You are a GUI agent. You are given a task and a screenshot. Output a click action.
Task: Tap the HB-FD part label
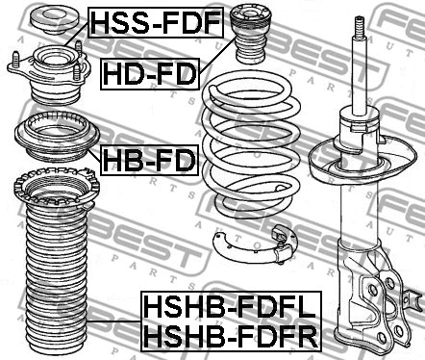pyautogui.click(x=145, y=158)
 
